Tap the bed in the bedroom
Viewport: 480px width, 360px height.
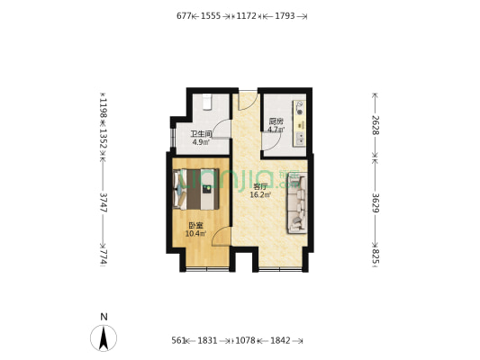[197, 190]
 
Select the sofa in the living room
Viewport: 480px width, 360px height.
[297, 204]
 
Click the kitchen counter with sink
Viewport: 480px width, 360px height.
[298, 121]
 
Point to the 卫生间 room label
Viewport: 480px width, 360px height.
[200, 134]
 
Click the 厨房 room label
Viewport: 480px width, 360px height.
[276, 121]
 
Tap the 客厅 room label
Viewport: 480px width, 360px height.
[260, 186]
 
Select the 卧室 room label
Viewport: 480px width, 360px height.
[195, 226]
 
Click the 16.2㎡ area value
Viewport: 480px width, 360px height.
[260, 194]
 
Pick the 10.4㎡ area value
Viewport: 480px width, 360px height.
[195, 234]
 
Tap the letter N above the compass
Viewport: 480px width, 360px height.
[104, 317]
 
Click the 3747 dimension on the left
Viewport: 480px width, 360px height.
[104, 205]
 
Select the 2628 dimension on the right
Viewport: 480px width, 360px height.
[376, 122]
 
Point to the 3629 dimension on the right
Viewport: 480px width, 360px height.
[376, 204]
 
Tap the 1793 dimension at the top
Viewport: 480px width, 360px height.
[285, 15]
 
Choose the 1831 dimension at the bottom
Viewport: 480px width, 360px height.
[208, 340]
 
